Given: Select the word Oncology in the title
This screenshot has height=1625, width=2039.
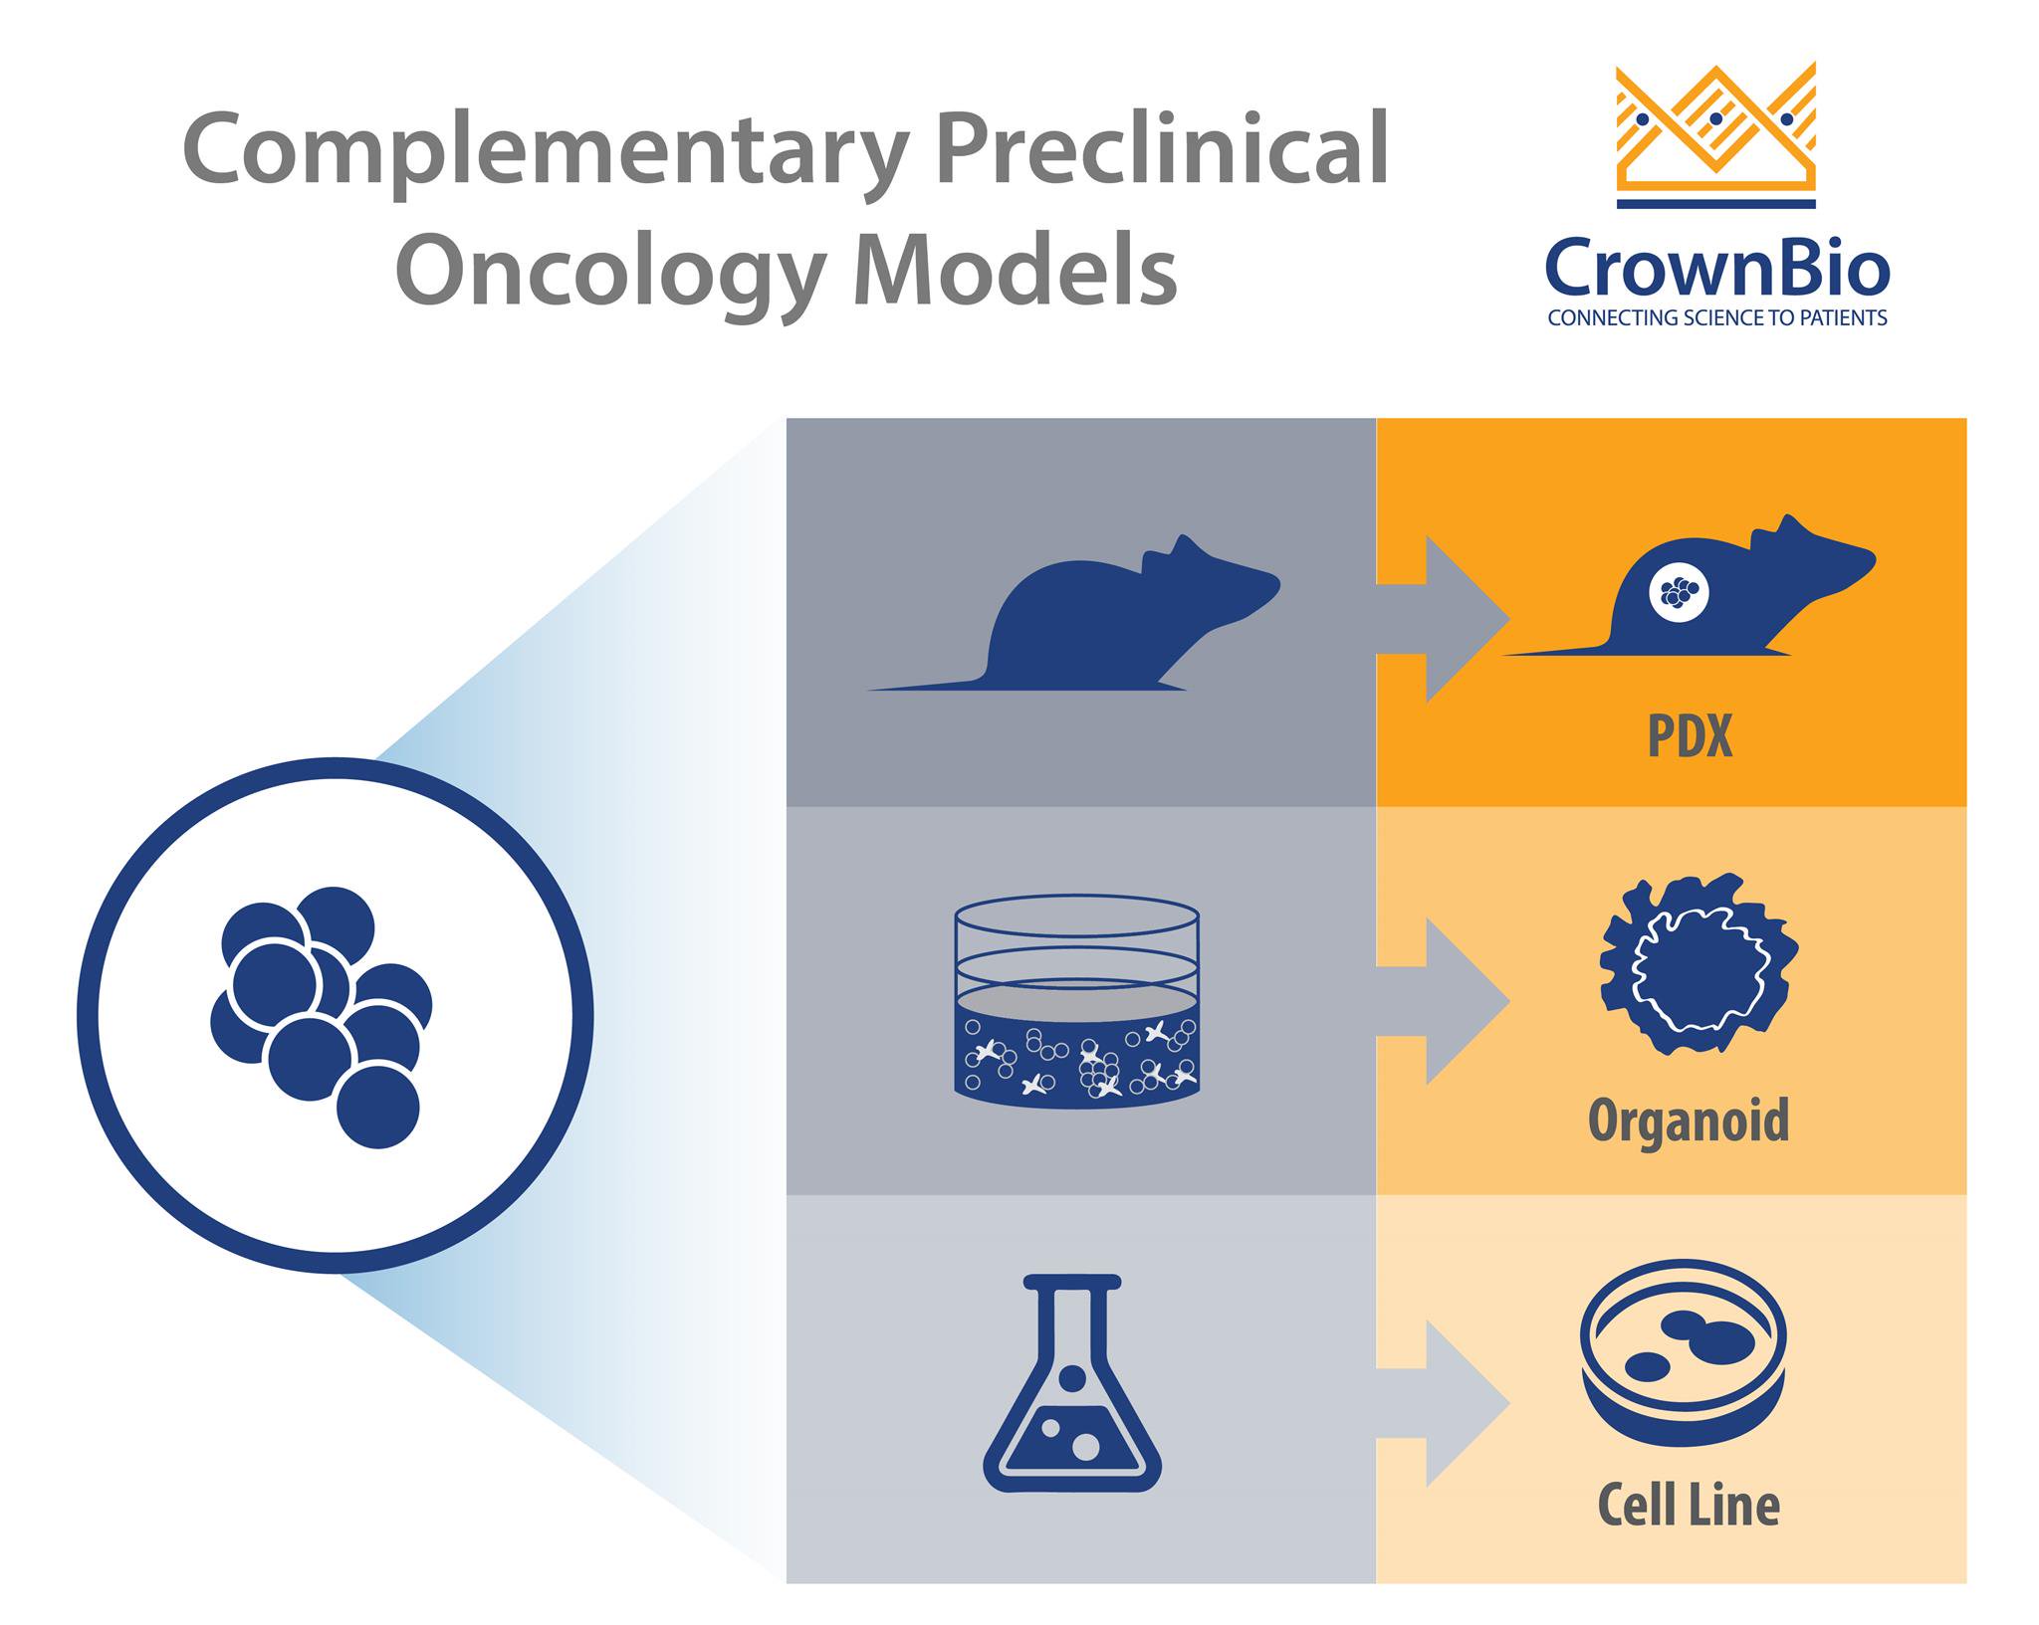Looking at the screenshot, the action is [610, 275].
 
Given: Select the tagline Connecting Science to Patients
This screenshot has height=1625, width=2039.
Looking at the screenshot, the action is [1717, 318].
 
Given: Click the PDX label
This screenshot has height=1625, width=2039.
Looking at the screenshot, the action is [1690, 737].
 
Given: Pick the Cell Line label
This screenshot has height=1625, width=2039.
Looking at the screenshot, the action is [1689, 1504].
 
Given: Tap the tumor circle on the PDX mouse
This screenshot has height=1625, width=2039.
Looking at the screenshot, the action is [1679, 594].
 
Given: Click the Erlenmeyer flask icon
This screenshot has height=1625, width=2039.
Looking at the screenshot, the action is [1072, 1382].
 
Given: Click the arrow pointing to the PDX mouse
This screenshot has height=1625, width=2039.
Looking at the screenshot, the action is [1443, 619].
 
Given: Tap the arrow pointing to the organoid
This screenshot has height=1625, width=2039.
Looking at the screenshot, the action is [1443, 1001].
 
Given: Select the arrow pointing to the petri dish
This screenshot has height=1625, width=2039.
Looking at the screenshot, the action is [1443, 1403].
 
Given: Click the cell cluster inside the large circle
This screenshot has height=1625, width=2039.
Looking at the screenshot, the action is [322, 1017].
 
